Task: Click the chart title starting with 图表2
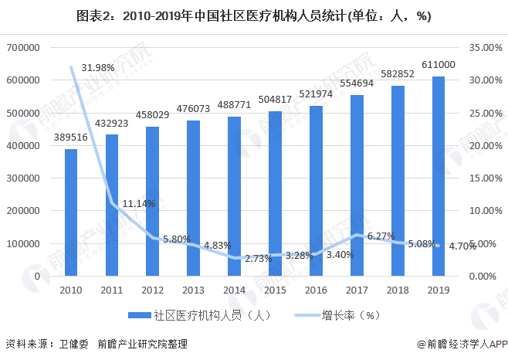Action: (254, 15)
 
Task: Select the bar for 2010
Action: (71, 212)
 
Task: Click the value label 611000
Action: (438, 65)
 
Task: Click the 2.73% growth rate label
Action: (258, 259)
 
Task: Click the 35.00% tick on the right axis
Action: (486, 48)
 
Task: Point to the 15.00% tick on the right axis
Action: (486, 178)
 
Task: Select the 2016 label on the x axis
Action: (316, 290)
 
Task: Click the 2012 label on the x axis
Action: (152, 290)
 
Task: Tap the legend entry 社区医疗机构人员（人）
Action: (198, 315)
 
